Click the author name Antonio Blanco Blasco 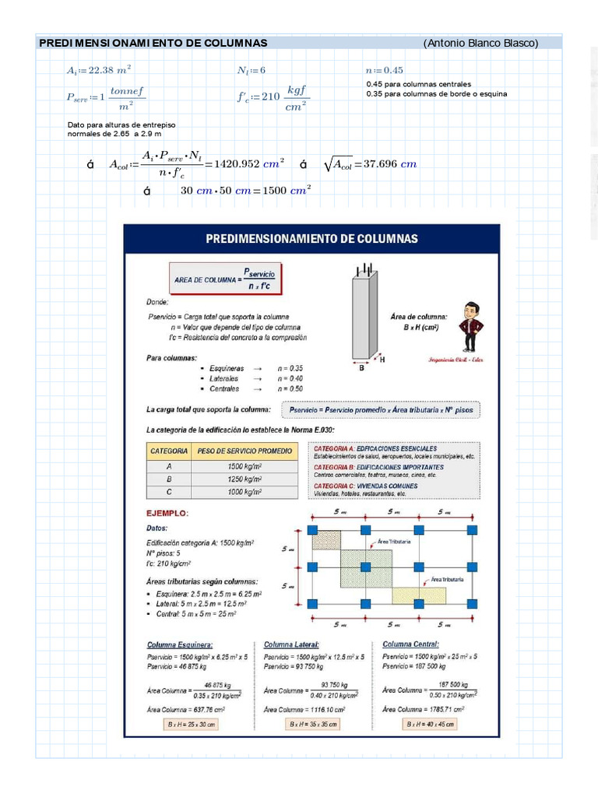[x=480, y=43]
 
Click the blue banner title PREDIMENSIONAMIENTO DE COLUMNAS [x=311, y=239]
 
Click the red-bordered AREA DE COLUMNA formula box [x=226, y=279]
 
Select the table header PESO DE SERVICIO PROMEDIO [x=245, y=451]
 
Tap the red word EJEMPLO [x=167, y=514]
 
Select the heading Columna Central [x=410, y=644]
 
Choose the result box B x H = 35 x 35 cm [x=311, y=724]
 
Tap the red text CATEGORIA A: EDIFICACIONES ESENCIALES [x=375, y=448]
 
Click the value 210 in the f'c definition [x=270, y=97]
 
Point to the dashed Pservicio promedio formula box [x=382, y=409]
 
